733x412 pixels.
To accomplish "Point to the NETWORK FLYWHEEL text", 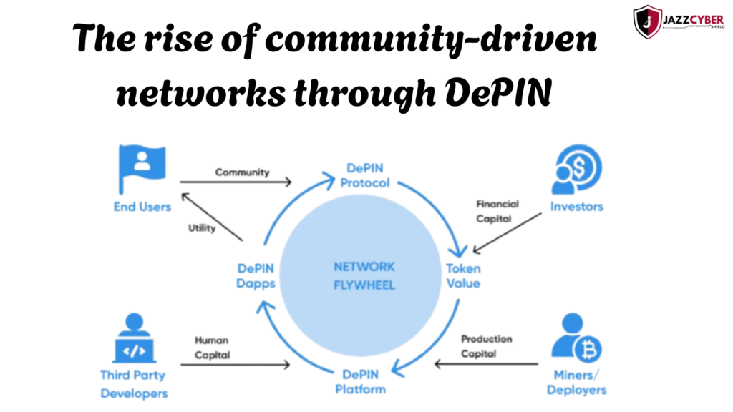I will pyautogui.click(x=364, y=275).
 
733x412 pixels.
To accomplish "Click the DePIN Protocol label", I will pyautogui.click(x=365, y=175).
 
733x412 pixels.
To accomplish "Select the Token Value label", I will pyautogui.click(x=463, y=275).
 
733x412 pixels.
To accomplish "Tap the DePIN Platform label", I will pyautogui.click(x=361, y=382).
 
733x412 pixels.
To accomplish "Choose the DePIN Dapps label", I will pyautogui.click(x=256, y=275).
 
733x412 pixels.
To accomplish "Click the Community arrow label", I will pyautogui.click(x=242, y=172).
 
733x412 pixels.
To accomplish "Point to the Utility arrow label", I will pyautogui.click(x=202, y=228).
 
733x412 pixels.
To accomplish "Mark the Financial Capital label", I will pyautogui.click(x=497, y=211).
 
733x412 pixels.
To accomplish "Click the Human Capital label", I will pyautogui.click(x=212, y=348).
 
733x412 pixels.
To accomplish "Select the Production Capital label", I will pyautogui.click(x=486, y=346).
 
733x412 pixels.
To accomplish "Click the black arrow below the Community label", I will pyautogui.click(x=236, y=183).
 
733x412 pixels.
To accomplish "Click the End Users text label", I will pyautogui.click(x=142, y=207).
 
